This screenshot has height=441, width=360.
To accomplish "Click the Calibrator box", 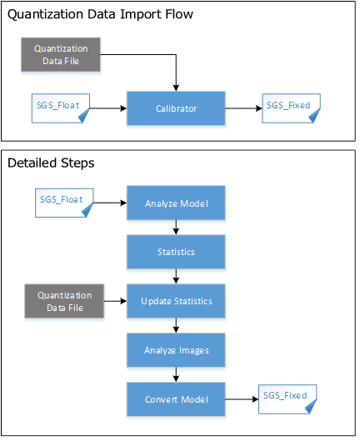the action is point(176,108).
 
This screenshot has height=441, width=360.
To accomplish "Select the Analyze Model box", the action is point(176,203).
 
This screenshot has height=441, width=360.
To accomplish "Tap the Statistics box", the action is point(176,252).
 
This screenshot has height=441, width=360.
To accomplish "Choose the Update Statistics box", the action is point(176,301).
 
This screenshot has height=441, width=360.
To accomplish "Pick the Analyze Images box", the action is point(176,350).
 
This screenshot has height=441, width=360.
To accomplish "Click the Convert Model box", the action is point(176,399).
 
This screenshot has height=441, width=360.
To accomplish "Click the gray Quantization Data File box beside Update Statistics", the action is point(64,301).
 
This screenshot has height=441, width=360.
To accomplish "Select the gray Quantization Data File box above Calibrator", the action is point(61,54).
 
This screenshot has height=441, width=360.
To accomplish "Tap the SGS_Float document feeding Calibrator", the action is point(61,108).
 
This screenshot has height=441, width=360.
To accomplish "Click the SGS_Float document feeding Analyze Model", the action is point(64,203).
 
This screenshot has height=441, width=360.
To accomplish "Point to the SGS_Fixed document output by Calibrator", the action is point(291,108).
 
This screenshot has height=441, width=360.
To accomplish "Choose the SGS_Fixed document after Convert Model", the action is point(287,399).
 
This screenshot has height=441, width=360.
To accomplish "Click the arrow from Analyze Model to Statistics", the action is point(176,228).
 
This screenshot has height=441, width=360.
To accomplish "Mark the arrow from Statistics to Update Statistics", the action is point(176,277).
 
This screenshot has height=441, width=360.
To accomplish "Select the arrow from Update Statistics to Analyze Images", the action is point(176,326).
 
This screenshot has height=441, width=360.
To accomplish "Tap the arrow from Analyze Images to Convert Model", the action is point(176,374).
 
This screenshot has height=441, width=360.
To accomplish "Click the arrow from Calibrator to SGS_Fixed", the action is point(243,108).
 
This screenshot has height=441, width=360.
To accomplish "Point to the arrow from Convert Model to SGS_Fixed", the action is point(242,399).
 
